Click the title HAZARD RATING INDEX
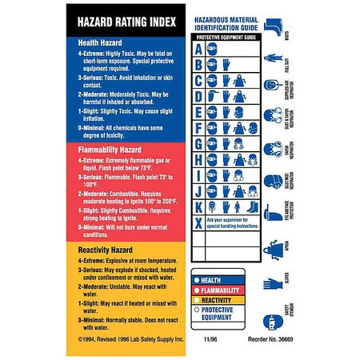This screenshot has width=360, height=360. coord(126,18)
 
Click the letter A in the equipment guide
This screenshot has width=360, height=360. coord(196,47)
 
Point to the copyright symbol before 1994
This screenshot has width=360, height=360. coord(77,340)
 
